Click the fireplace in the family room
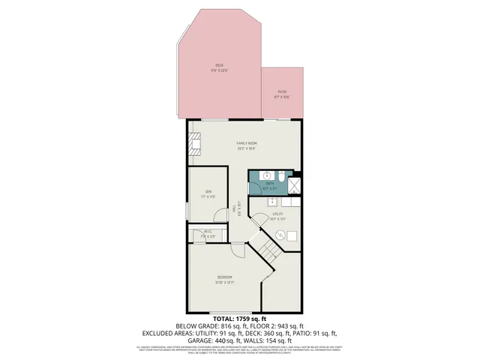(196, 143)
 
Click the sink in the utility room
(271, 201)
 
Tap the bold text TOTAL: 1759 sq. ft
(239, 319)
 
